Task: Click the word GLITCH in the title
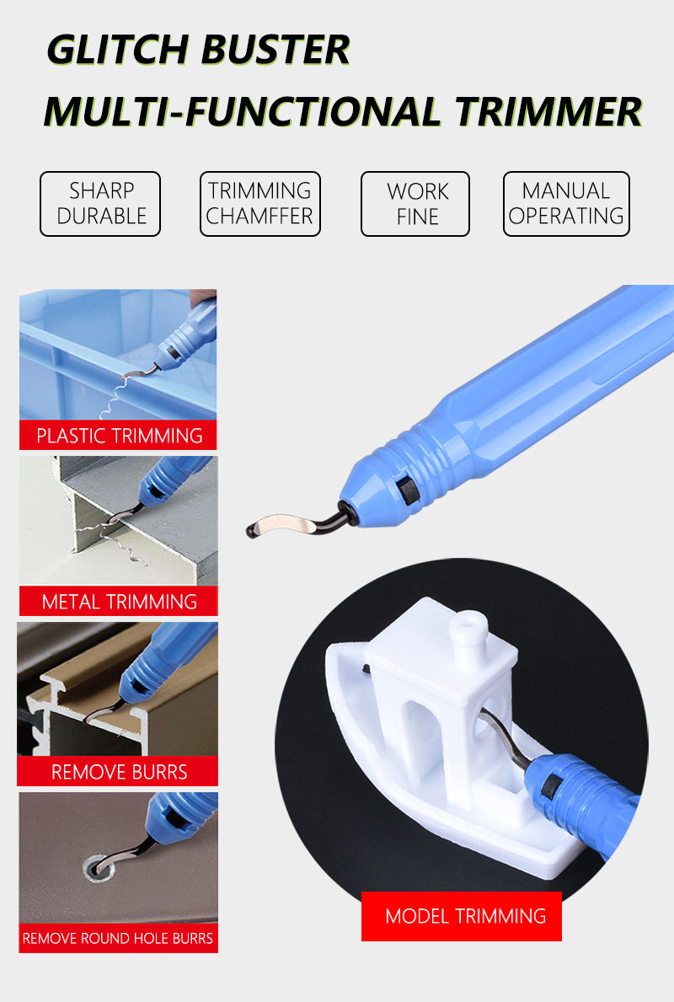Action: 117,50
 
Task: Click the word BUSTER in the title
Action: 275,50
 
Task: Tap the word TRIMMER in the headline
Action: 548,111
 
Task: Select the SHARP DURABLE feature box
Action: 100,204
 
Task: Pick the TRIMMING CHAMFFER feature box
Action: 260,204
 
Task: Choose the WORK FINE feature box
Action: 415,204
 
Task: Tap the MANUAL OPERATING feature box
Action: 566,204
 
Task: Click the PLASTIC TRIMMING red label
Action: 118,435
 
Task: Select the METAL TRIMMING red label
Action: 119,601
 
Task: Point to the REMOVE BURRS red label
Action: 118,771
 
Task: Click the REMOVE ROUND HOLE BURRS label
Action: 118,938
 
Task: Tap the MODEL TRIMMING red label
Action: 462,916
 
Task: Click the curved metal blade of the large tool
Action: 281,523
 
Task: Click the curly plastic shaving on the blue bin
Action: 115,396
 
